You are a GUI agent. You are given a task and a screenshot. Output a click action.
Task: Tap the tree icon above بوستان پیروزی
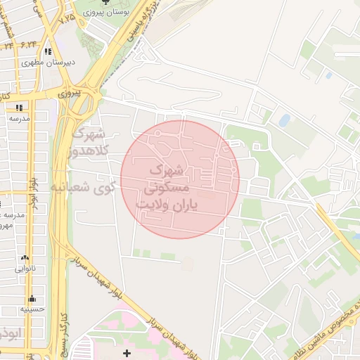[106, 2]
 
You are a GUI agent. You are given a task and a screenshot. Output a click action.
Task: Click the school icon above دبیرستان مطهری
[47, 51]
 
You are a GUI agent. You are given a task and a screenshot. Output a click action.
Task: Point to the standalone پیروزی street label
[70, 91]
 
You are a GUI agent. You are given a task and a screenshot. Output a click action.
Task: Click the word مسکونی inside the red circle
[166, 188]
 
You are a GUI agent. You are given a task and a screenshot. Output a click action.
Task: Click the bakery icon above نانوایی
[26, 258]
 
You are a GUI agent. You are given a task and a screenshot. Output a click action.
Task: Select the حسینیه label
[32, 309]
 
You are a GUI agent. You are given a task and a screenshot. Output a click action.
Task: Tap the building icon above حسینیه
[32, 298]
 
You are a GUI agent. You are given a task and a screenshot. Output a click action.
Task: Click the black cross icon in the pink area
[127, 352]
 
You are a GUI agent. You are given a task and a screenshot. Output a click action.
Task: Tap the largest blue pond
[284, 120]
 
